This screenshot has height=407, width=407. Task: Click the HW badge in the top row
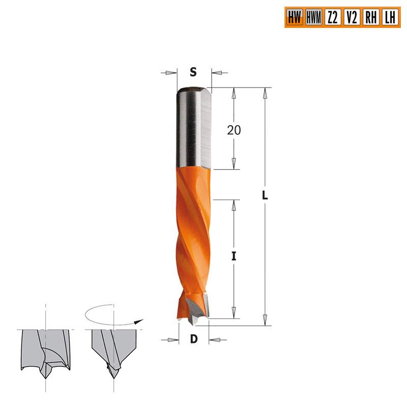point(294,18)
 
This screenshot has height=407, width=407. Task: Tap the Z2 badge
point(332,18)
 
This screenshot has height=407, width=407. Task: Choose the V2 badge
point(351,18)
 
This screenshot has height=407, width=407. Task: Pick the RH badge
point(370,18)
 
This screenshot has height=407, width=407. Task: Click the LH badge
point(390,18)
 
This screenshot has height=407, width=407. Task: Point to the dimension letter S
point(193,73)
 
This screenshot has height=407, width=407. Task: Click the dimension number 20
point(234,130)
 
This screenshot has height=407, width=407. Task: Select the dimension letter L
point(265,195)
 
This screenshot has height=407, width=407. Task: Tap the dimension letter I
point(234,257)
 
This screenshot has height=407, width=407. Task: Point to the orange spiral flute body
point(193,229)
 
